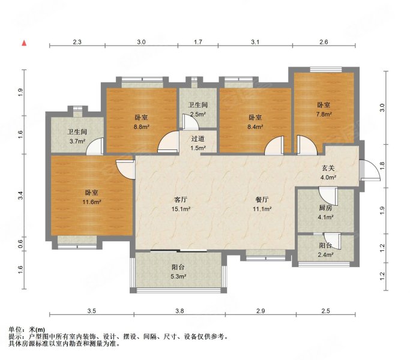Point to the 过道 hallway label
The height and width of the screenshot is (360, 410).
point(198,138)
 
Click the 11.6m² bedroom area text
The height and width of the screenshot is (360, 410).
point(92,202)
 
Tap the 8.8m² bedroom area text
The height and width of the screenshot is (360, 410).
point(141,127)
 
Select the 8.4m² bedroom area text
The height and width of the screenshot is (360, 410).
point(256,127)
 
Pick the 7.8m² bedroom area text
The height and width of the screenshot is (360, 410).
point(324,115)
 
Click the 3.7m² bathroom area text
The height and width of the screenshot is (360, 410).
point(76,142)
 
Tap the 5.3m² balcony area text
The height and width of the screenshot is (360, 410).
point(178,277)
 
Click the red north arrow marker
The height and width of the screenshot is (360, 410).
point(25,43)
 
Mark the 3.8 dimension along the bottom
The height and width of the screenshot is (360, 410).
point(180,311)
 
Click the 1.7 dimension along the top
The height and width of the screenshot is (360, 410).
point(198,42)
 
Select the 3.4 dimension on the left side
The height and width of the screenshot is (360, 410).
point(20,194)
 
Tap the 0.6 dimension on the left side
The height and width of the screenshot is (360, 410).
point(20,243)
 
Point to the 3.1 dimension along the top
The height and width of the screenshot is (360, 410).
point(255,42)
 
